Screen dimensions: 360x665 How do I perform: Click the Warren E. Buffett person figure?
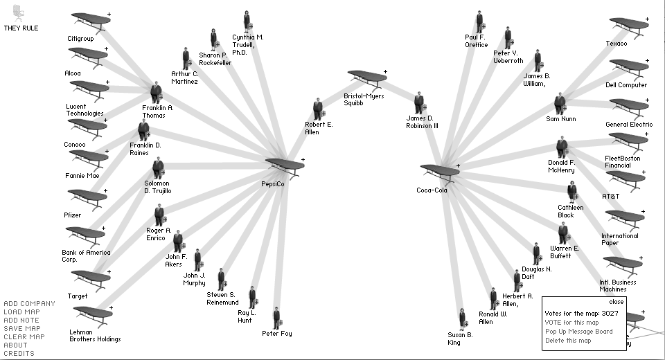tap(563, 233)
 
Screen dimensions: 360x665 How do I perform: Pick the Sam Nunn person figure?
tap(560, 104)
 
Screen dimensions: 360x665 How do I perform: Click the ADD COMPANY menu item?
tap(29, 303)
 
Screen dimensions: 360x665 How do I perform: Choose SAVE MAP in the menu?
tap(21, 328)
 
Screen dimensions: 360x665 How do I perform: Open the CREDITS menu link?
tap(19, 353)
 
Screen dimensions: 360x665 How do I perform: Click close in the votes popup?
tap(616, 301)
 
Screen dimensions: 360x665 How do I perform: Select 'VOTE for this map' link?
tap(571, 322)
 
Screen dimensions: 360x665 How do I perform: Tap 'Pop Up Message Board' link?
tap(578, 331)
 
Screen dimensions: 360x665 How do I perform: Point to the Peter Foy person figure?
tap(276, 318)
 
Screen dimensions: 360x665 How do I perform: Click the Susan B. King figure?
tap(462, 319)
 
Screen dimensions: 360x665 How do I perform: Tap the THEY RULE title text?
tap(21, 28)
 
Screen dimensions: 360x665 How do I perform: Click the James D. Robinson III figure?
tap(419, 103)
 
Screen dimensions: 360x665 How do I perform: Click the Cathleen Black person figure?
tap(572, 191)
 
